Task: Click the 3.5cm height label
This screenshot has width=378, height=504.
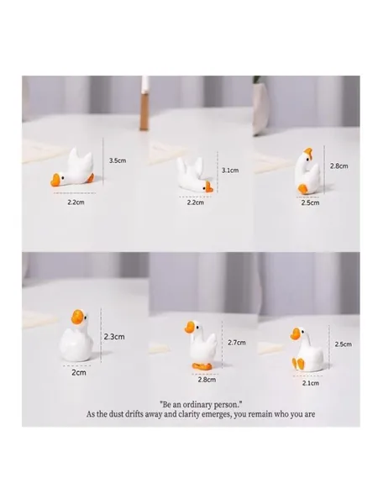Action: [x=118, y=160]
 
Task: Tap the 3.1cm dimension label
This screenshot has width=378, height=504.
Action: [x=230, y=170]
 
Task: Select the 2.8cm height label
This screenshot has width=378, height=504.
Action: [x=339, y=165]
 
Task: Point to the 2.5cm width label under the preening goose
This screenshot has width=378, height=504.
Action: [x=311, y=202]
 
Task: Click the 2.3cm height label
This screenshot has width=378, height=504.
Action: [x=114, y=337]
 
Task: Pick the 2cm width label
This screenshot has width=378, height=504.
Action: [x=79, y=373]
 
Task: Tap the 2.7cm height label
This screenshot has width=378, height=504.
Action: [x=237, y=343]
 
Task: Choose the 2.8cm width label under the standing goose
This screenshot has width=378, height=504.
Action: [x=207, y=380]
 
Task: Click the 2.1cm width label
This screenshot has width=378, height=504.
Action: [x=311, y=383]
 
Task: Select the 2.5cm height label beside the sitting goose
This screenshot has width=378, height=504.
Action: [x=344, y=344]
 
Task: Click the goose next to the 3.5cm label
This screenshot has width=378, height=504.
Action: [x=72, y=169]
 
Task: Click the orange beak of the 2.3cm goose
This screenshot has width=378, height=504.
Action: [x=77, y=317]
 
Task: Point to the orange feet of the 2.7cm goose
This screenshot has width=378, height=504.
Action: [x=202, y=365]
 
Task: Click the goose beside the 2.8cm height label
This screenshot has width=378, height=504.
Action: [x=307, y=171]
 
